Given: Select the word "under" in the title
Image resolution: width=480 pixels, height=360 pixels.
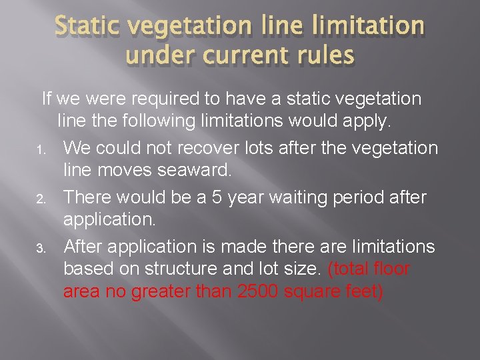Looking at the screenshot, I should point(155,55).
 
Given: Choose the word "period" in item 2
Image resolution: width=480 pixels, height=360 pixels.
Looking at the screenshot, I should point(383,197).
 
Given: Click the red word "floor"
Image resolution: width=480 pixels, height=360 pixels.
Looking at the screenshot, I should point(389,269).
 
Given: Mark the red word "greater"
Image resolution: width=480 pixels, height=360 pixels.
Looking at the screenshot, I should point(163,293).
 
